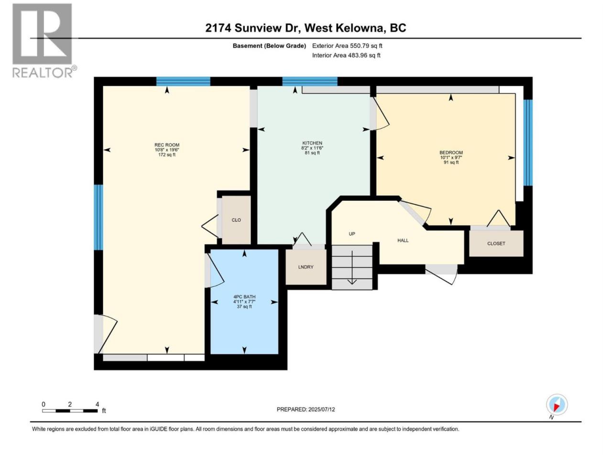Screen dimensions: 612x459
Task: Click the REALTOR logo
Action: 44,41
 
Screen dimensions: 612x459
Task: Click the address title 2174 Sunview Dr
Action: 252,28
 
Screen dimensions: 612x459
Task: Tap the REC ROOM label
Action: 167,145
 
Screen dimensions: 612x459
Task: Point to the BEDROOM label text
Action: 451,153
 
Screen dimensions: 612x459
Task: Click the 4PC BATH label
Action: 244,297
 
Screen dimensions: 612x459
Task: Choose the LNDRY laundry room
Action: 306,267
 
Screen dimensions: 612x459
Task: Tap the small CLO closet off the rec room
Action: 236,220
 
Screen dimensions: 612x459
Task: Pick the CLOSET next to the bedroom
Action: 496,243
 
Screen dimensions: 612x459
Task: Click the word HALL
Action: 403,240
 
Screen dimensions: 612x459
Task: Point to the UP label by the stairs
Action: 352,233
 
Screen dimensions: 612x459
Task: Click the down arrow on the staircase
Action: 352,268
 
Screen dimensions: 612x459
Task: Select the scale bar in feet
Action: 70,411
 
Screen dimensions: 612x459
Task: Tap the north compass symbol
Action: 557,404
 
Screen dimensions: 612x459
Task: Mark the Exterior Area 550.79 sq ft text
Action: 347,46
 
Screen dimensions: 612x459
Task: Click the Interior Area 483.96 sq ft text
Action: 346,55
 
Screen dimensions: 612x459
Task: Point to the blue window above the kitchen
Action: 310,81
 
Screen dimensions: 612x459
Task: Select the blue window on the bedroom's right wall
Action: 528,142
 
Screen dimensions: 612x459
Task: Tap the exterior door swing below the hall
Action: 441,274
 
